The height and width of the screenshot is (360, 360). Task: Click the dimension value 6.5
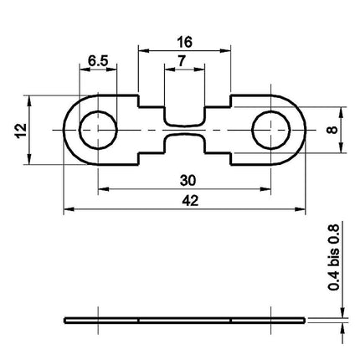coord(98,61)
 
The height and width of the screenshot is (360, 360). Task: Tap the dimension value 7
coord(182,61)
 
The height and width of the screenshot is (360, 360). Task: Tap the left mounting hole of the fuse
coord(98,130)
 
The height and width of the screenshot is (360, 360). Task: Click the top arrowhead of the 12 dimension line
coord(30,100)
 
